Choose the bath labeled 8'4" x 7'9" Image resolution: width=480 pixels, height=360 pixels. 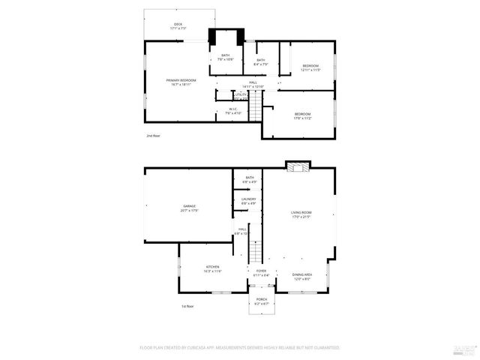coord(260,62)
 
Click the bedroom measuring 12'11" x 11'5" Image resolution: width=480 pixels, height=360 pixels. coord(311,67)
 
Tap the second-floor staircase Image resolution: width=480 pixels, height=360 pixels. coord(258,106)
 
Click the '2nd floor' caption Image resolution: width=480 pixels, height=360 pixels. coord(153,136)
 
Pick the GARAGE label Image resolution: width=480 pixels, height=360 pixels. coord(189,208)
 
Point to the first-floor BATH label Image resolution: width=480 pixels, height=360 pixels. coord(249,179)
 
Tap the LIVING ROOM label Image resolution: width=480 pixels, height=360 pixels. coord(301,215)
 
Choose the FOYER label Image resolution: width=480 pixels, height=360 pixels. coord(261,273)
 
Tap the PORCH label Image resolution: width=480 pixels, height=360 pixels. coord(262,301)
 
